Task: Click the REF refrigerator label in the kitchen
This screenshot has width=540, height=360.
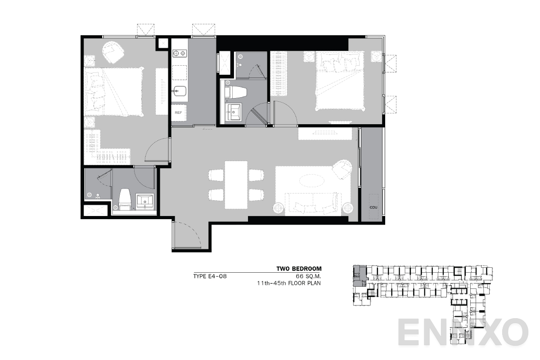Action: pyautogui.click(x=178, y=112)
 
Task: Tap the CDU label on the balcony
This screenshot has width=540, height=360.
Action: pyautogui.click(x=373, y=207)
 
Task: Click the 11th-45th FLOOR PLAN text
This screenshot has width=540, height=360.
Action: pyautogui.click(x=288, y=283)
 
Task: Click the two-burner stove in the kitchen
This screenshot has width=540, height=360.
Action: pyautogui.click(x=180, y=54)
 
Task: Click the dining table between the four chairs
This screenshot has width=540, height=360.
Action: pyautogui.click(x=236, y=184)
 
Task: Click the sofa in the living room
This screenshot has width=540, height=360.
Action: pyautogui.click(x=310, y=205)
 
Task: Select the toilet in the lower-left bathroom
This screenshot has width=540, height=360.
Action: pyautogui.click(x=124, y=199)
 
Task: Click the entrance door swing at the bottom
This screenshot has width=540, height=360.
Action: pyautogui.click(x=185, y=235)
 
